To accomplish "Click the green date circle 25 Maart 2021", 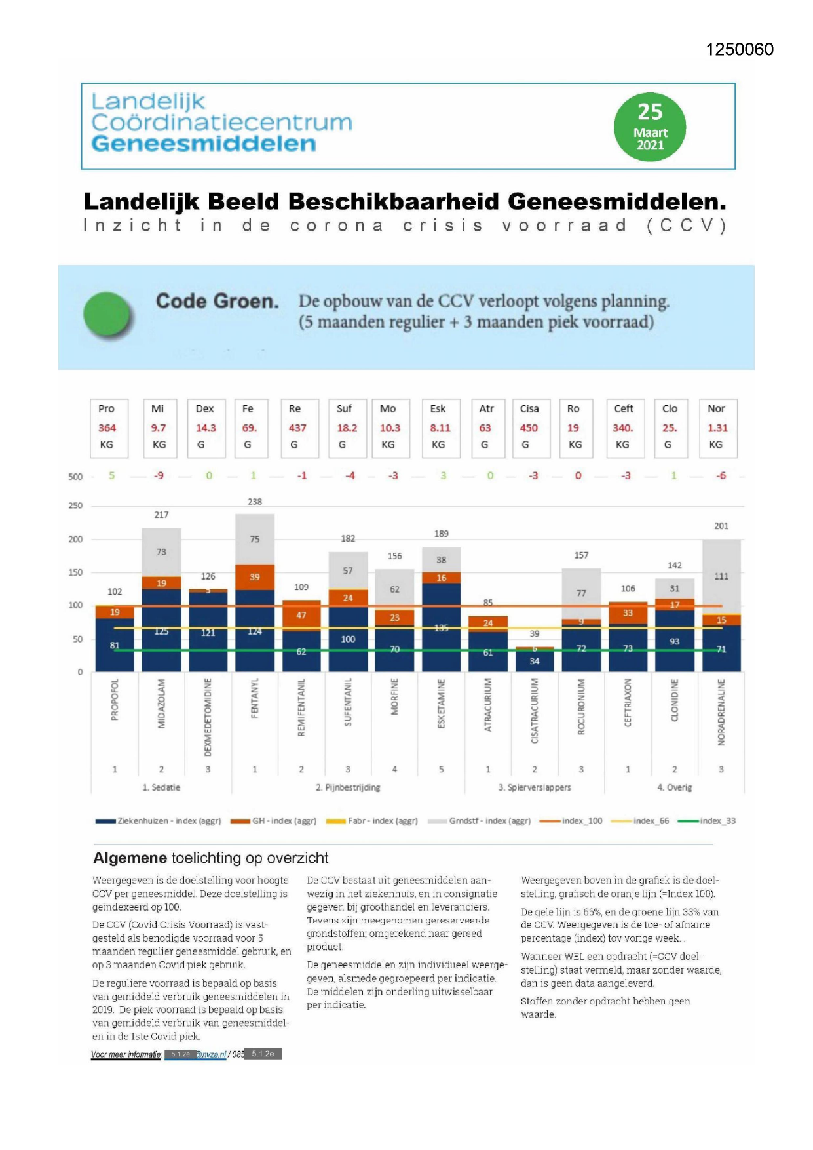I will point(649,127).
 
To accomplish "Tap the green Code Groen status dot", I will point(108,315).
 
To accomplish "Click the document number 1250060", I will point(739,50).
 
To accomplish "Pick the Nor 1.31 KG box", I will point(717,427).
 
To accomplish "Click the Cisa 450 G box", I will point(530,427).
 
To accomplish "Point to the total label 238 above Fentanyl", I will point(255,502).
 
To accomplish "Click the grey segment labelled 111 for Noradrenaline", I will point(721,576).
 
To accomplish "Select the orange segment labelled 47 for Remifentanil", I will point(301,615).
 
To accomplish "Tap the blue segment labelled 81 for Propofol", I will point(115,646).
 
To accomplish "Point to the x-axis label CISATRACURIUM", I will point(535,711).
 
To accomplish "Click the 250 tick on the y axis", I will point(75,506).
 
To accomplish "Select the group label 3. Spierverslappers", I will point(534,787).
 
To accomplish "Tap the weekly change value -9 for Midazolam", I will point(159,476).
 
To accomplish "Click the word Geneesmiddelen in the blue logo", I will point(203,144).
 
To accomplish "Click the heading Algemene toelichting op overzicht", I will point(210,858).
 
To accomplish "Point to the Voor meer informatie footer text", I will point(126,1054).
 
